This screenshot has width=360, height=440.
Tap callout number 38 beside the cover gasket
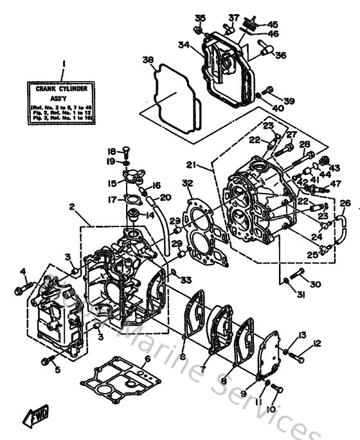(x=148, y=61)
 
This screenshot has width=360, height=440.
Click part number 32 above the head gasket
(x=187, y=183)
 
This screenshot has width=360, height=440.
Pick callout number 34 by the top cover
(x=184, y=45)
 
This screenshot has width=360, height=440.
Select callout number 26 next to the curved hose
(x=345, y=204)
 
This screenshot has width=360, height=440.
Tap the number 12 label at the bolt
(x=316, y=344)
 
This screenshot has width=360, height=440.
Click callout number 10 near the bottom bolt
(x=270, y=408)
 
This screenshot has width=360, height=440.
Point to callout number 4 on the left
(x=22, y=271)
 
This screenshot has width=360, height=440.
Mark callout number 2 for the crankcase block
(x=73, y=207)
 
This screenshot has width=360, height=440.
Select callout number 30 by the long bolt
(x=314, y=284)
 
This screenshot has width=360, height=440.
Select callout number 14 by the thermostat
(x=151, y=214)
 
